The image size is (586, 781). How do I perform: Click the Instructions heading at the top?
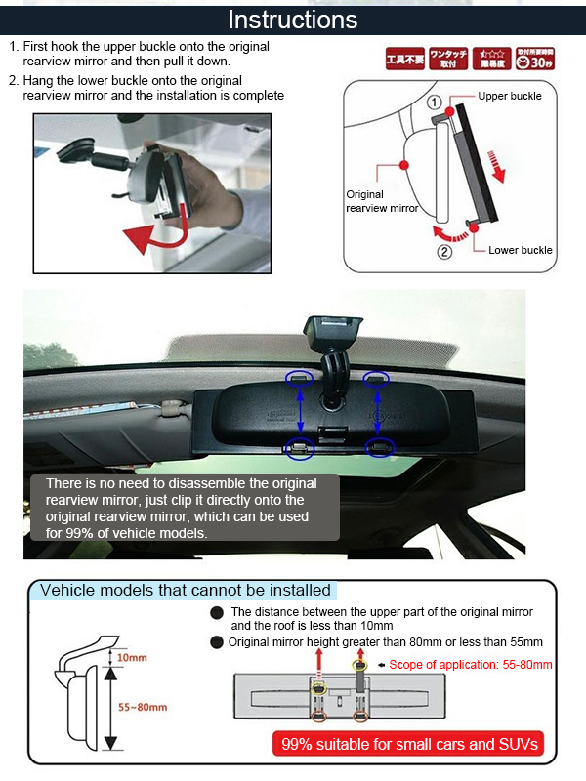coord(293,19)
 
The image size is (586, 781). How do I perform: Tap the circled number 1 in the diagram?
coord(436,101)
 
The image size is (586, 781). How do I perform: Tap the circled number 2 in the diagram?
coord(444,251)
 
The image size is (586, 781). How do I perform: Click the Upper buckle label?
coord(510,96)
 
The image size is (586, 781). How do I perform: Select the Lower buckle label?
coord(521,250)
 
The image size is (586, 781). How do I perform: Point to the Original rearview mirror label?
coord(381,201)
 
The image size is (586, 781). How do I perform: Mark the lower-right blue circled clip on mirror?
coord(378,447)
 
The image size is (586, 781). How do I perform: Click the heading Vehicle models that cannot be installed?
coord(186,590)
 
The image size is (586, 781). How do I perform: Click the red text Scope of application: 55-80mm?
coord(470,665)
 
